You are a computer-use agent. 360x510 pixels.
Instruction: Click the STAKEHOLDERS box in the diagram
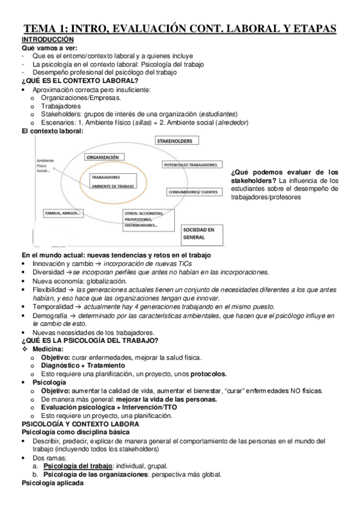click(174, 141)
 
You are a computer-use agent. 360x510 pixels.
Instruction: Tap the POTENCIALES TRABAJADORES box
click(190, 165)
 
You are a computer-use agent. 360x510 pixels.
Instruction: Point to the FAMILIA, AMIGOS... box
click(63, 214)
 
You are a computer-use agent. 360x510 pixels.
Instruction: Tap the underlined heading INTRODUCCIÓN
click(47, 38)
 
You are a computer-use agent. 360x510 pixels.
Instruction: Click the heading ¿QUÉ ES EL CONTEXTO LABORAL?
click(79, 81)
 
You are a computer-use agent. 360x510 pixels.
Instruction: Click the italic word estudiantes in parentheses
click(219, 114)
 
